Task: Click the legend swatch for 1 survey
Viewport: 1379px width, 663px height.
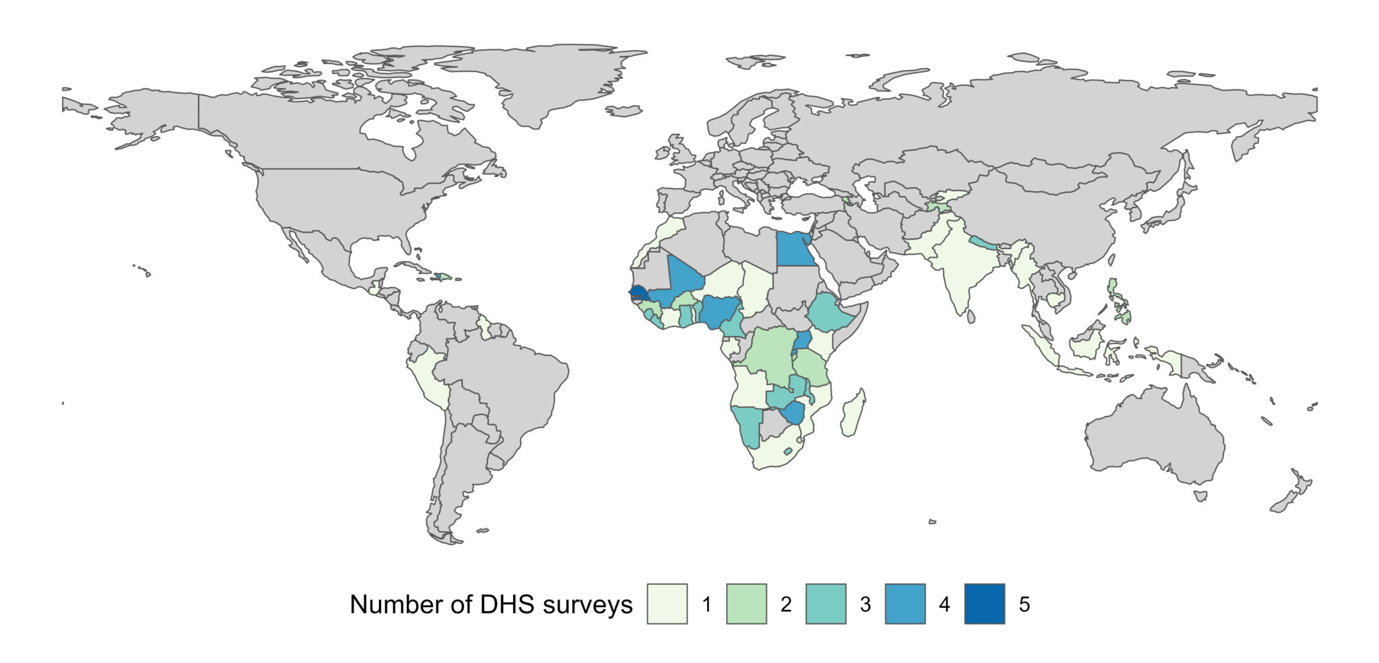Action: pyautogui.click(x=667, y=604)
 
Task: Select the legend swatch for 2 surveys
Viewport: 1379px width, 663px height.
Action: pyautogui.click(x=746, y=604)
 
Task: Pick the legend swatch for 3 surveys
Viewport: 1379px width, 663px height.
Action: pyautogui.click(x=826, y=604)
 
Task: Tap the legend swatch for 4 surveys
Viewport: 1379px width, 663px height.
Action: pyautogui.click(x=905, y=604)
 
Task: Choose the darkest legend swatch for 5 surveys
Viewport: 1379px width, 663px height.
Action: pyautogui.click(x=984, y=604)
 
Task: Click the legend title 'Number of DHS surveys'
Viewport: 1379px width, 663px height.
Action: pyautogui.click(x=491, y=604)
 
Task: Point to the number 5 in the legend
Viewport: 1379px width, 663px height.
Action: pyautogui.click(x=1024, y=604)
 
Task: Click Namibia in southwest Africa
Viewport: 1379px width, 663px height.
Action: pyautogui.click(x=747, y=427)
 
